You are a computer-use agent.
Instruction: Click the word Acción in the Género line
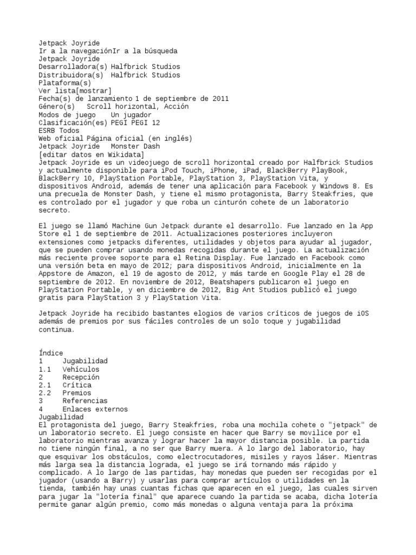point(175,107)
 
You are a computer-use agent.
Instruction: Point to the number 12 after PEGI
point(155,122)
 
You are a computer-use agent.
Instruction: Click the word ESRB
point(48,131)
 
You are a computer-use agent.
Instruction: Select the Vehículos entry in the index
point(80,369)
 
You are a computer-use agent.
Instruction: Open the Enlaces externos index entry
point(95,409)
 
